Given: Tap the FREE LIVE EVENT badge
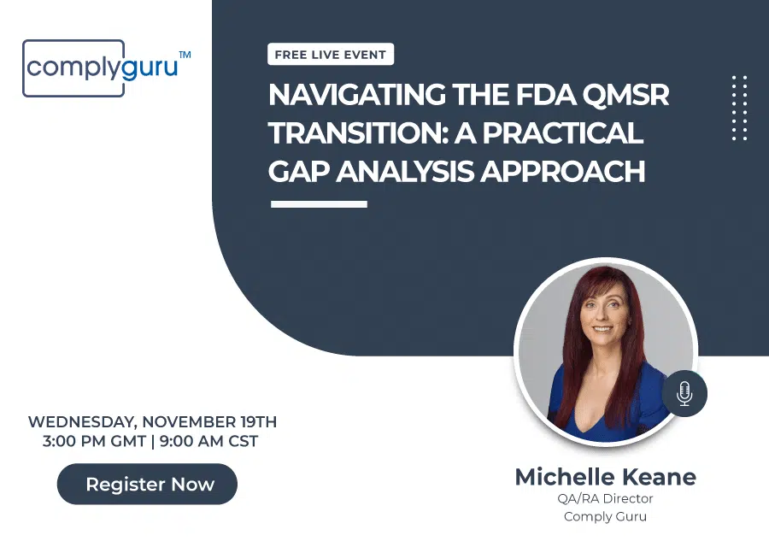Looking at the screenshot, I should [x=330, y=55].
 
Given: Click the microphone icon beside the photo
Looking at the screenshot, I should [x=684, y=393].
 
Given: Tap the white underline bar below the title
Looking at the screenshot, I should [x=319, y=204].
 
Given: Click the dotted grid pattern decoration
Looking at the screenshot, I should [x=740, y=108].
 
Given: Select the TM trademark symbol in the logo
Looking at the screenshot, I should [x=185, y=55].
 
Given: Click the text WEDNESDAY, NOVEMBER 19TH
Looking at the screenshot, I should [x=152, y=422].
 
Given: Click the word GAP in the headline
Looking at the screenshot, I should [x=298, y=171].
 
